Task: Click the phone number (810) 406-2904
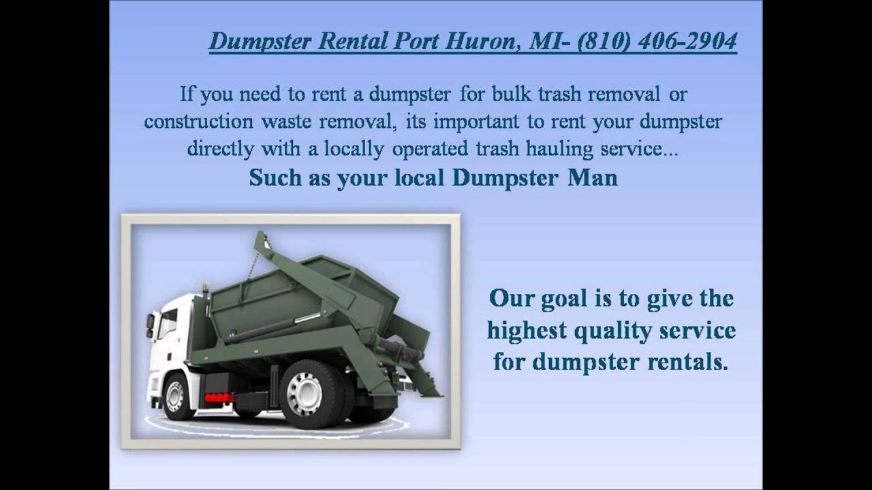657,42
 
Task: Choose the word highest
527,331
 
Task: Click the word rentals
685,361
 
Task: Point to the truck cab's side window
168,323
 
